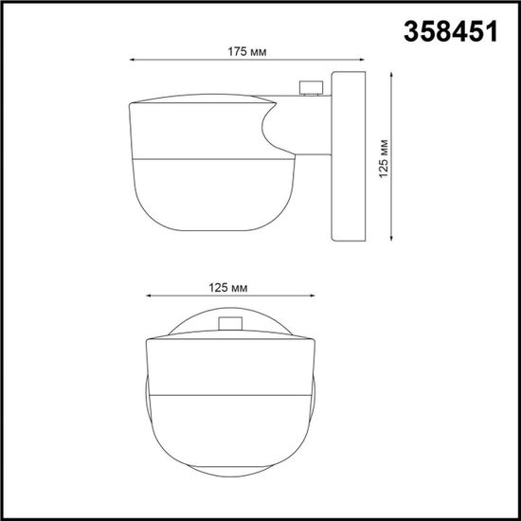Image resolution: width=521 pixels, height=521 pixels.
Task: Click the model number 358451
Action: (x=448, y=30)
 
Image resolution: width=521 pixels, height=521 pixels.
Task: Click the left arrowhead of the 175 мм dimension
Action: (x=132, y=62)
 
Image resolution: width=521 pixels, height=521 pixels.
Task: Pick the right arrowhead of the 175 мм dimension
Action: (x=361, y=62)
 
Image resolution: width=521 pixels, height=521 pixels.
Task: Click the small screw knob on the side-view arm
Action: (x=309, y=88)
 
